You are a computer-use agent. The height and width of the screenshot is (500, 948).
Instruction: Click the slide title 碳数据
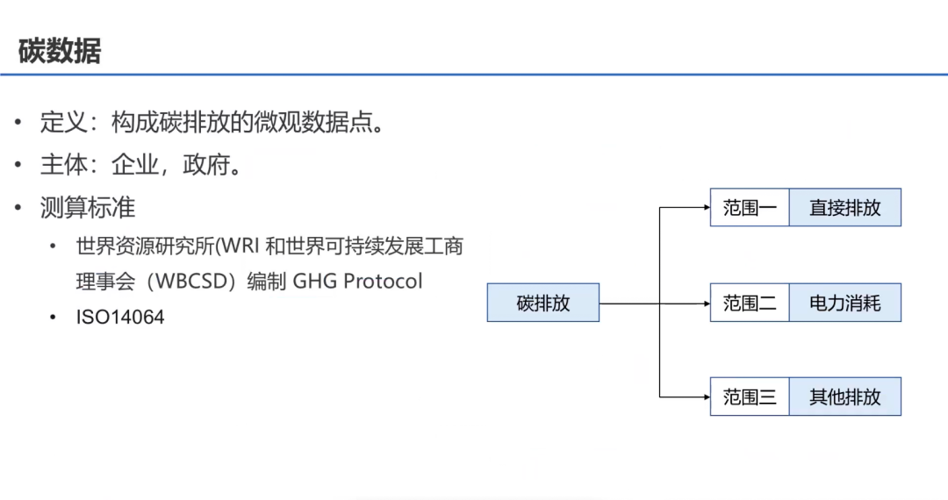coord(60,51)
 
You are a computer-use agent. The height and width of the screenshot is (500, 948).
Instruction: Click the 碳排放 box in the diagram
coord(542,303)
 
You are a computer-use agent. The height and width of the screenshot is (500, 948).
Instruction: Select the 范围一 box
coord(749,208)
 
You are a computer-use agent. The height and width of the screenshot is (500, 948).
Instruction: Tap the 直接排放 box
coord(844,208)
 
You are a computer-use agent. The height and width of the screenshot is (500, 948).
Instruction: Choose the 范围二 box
coord(749,304)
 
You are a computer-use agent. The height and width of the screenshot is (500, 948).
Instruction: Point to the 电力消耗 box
coord(844,304)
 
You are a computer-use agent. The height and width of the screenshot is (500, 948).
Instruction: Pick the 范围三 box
coord(749,396)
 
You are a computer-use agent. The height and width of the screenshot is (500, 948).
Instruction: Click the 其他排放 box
coord(844,396)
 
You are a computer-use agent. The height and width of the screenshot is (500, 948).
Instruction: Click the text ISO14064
coord(120,318)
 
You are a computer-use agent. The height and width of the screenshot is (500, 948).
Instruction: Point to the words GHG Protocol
coord(357,282)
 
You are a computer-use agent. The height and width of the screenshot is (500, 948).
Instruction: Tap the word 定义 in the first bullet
coord(58,122)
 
